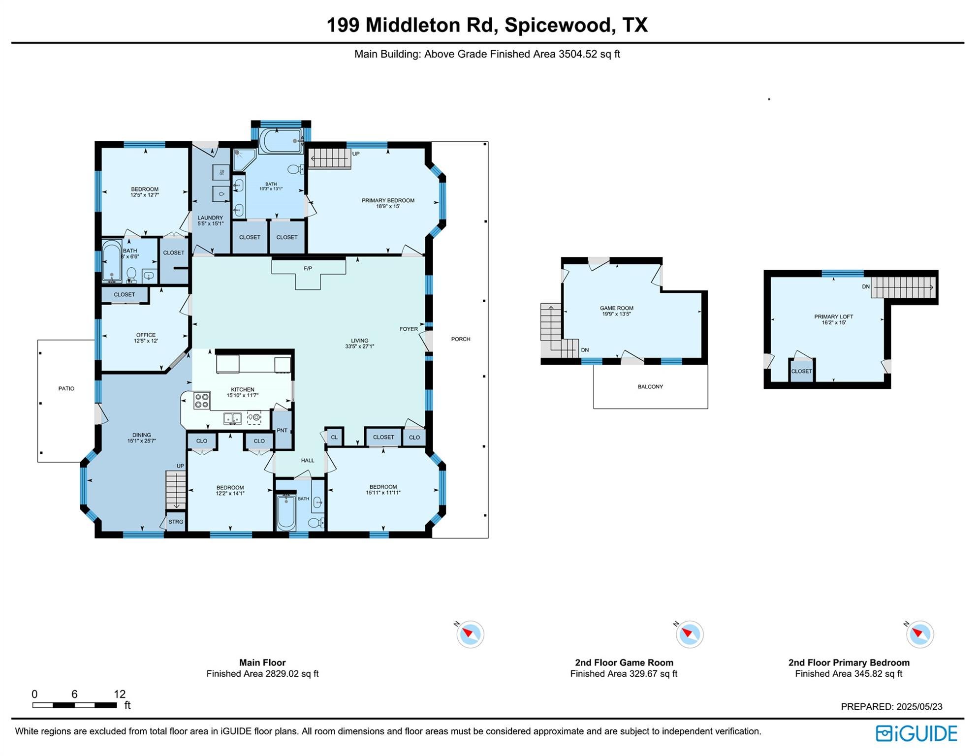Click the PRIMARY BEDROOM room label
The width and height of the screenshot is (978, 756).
(x=388, y=200)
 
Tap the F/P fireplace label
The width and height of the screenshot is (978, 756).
(x=308, y=268)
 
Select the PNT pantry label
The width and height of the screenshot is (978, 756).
(x=282, y=430)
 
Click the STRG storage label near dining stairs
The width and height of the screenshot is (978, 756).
(x=176, y=522)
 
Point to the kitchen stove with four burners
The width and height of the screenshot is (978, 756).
(x=201, y=401)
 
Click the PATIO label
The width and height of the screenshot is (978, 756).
(x=66, y=388)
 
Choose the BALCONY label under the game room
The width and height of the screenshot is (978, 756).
(x=650, y=386)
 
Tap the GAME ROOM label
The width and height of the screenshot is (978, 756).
(x=616, y=308)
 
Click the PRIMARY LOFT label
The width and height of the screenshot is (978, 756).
(x=833, y=316)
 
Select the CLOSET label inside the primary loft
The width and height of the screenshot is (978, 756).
(x=801, y=371)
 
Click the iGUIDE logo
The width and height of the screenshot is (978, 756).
(x=916, y=733)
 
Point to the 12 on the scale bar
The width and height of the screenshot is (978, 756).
(x=120, y=694)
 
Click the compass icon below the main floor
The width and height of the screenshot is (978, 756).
(x=471, y=634)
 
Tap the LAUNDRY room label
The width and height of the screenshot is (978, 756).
(x=210, y=218)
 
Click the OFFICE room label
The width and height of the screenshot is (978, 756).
(x=146, y=335)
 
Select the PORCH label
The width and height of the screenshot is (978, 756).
(x=461, y=339)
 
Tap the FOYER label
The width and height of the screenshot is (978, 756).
(x=409, y=329)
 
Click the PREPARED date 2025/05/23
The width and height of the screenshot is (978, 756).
(x=891, y=706)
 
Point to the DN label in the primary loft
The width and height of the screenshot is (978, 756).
(x=865, y=286)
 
